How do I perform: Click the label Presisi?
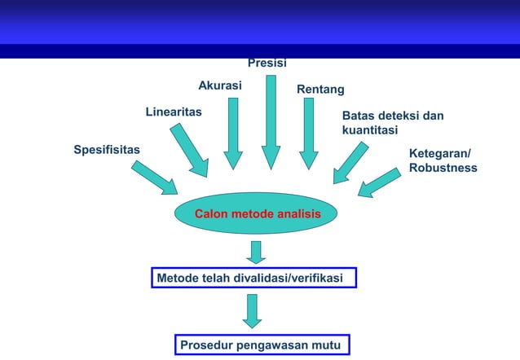(267, 63)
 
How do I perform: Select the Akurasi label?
(219, 85)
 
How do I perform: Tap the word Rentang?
(320, 89)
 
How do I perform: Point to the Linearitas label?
(174, 111)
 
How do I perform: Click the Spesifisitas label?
(107, 150)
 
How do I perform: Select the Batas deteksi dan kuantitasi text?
(392, 123)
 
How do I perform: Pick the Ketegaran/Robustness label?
(443, 160)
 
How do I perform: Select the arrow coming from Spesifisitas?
(154, 177)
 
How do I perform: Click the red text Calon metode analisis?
(257, 213)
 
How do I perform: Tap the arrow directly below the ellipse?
(257, 252)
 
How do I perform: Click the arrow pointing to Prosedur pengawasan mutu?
(253, 310)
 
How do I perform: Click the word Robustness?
(443, 168)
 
